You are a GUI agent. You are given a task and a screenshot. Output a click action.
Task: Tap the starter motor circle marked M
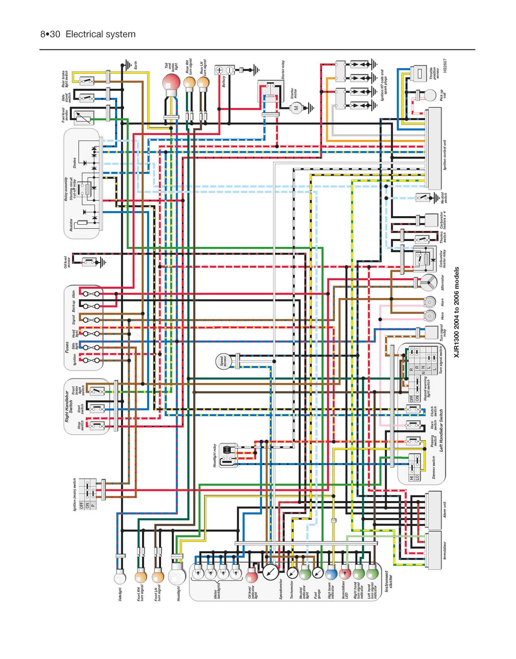pyautogui.click(x=297, y=108)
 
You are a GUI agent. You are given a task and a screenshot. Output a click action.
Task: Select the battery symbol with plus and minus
pyautogui.click(x=224, y=70)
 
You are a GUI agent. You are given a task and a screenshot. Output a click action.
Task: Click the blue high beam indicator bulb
pyautogui.click(x=331, y=573)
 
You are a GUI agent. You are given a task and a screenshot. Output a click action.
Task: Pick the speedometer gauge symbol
pyautogui.click(x=270, y=572)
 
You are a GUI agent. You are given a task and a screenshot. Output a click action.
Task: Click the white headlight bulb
pyautogui.click(x=177, y=576)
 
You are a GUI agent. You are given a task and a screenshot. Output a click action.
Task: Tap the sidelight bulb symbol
pyautogui.click(x=120, y=578)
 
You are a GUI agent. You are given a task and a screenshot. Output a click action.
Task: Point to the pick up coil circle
pyautogui.click(x=430, y=95)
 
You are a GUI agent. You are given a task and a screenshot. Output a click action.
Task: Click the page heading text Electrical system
pyautogui.click(x=100, y=34)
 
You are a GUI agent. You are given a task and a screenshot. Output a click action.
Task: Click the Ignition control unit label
pyautogui.click(x=445, y=155)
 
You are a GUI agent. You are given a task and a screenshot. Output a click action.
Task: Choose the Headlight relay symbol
pyautogui.click(x=228, y=456)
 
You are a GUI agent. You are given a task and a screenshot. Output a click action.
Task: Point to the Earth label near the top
pyautogui.click(x=136, y=66)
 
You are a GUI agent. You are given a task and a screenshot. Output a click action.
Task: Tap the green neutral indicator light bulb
pyautogui.click(x=306, y=572)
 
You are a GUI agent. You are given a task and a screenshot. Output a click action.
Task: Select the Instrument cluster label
pyautogui.click(x=389, y=581)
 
